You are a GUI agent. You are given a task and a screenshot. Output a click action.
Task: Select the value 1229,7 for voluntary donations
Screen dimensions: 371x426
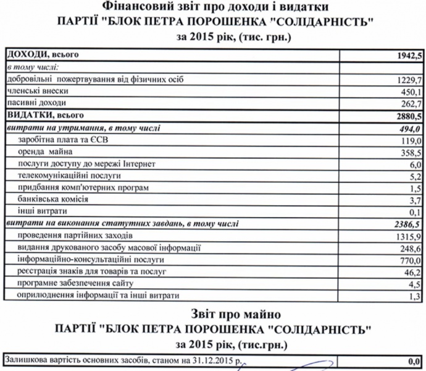408,80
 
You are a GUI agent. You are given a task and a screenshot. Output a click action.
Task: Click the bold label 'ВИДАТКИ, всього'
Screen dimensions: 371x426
44,115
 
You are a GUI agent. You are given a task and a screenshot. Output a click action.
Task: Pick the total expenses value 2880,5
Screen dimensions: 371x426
407,116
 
